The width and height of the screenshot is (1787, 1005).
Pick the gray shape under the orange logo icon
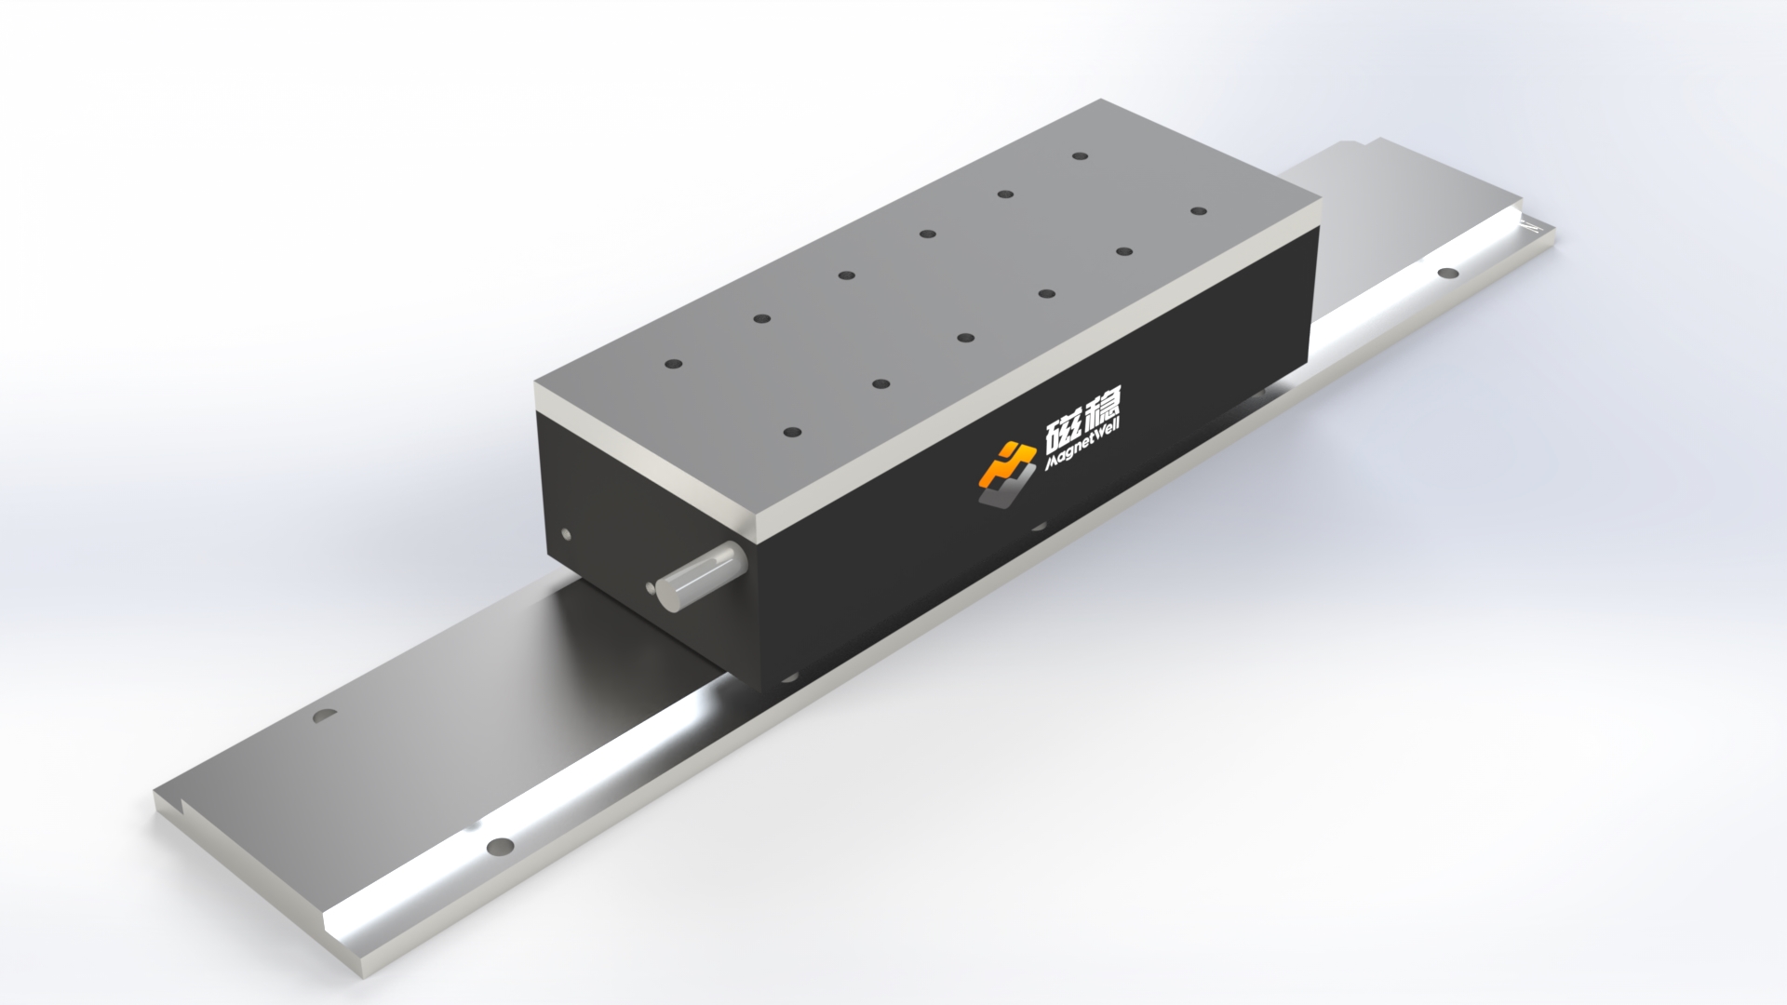[x=1001, y=497]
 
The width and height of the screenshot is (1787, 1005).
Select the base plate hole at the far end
[x=1448, y=273]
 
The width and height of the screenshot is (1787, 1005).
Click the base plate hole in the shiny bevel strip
[x=501, y=846]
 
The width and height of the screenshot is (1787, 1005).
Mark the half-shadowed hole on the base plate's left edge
[x=325, y=717]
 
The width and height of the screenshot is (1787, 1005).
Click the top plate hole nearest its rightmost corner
[x=1198, y=211]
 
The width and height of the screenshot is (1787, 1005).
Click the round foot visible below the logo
[x=1036, y=525]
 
